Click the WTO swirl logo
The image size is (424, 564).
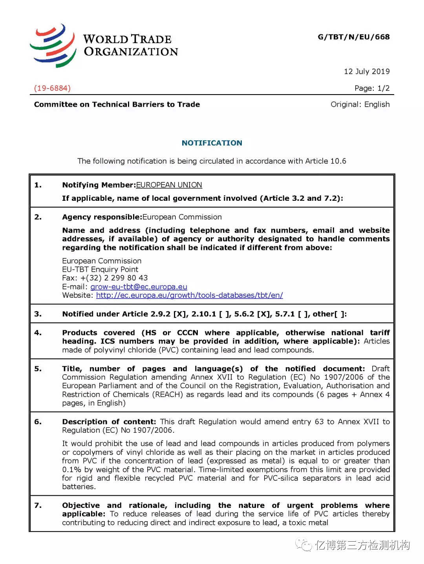53,45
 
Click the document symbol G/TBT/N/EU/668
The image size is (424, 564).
353,37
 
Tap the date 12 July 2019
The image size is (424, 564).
367,71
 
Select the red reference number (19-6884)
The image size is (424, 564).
52,88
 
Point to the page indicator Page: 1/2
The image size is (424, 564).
372,88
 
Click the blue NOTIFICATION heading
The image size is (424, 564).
212,143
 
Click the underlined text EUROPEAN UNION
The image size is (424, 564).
169,185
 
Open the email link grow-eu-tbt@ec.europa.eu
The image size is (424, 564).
139,287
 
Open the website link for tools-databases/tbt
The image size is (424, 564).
189,295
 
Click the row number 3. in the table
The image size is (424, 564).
38,314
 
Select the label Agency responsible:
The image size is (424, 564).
102,217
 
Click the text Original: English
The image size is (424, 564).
360,105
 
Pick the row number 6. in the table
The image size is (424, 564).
38,422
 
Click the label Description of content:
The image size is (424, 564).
109,422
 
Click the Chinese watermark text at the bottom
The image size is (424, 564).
362,545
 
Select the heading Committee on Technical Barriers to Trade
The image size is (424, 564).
117,105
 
